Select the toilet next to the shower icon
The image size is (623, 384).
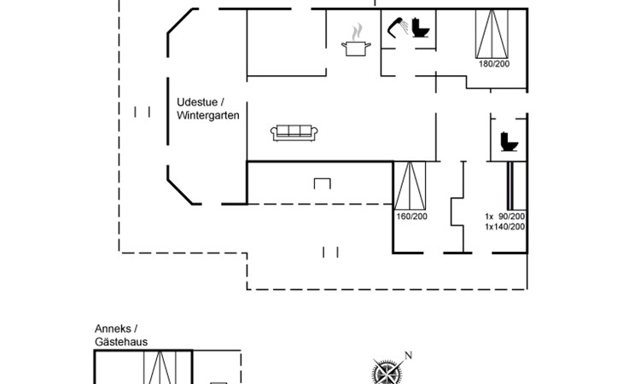[x=420, y=28]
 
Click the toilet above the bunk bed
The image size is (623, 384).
[x=509, y=140]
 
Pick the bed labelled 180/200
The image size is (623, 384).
[x=493, y=32]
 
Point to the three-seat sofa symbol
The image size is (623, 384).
[x=294, y=131]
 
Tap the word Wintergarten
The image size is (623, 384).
[x=208, y=114]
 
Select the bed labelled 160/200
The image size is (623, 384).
[x=410, y=184]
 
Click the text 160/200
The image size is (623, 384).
[x=410, y=217]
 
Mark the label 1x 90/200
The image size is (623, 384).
[x=504, y=216]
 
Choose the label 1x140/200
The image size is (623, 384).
[x=504, y=226]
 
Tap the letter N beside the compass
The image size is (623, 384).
[x=408, y=356]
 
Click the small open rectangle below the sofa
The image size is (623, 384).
[x=322, y=183]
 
